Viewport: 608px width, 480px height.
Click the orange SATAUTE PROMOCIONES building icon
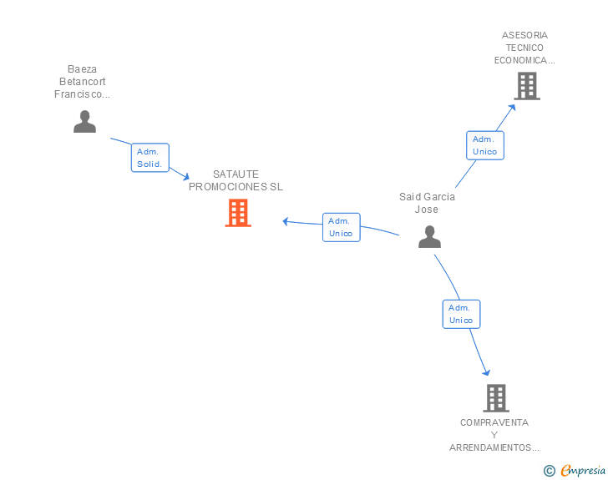[238, 213]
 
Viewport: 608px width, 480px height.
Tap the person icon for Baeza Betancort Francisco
[84, 122]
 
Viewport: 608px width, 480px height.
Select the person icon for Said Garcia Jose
[429, 236]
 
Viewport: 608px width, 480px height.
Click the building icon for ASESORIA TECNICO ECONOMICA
[527, 86]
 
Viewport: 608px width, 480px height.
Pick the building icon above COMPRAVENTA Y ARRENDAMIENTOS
[496, 398]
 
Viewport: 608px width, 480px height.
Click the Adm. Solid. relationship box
[150, 158]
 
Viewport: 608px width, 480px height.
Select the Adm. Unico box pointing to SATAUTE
[342, 227]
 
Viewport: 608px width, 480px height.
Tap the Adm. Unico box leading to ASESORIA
[485, 145]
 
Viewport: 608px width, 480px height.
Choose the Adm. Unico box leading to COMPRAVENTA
[461, 314]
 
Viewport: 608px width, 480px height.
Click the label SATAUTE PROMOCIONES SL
[236, 180]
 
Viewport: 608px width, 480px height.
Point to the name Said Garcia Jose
[427, 203]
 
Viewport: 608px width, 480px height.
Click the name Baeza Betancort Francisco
[82, 82]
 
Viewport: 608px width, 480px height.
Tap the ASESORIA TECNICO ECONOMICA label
[524, 48]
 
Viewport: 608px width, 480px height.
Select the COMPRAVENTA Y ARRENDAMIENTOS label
[494, 435]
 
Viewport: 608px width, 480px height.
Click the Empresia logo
[583, 470]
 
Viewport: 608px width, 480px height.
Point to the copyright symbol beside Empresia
[549, 471]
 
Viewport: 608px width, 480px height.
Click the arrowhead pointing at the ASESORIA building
[513, 108]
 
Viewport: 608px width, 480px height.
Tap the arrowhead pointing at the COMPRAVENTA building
[487, 372]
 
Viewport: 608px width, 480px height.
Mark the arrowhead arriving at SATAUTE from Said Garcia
[286, 221]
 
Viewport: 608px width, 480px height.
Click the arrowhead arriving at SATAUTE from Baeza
[185, 177]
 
